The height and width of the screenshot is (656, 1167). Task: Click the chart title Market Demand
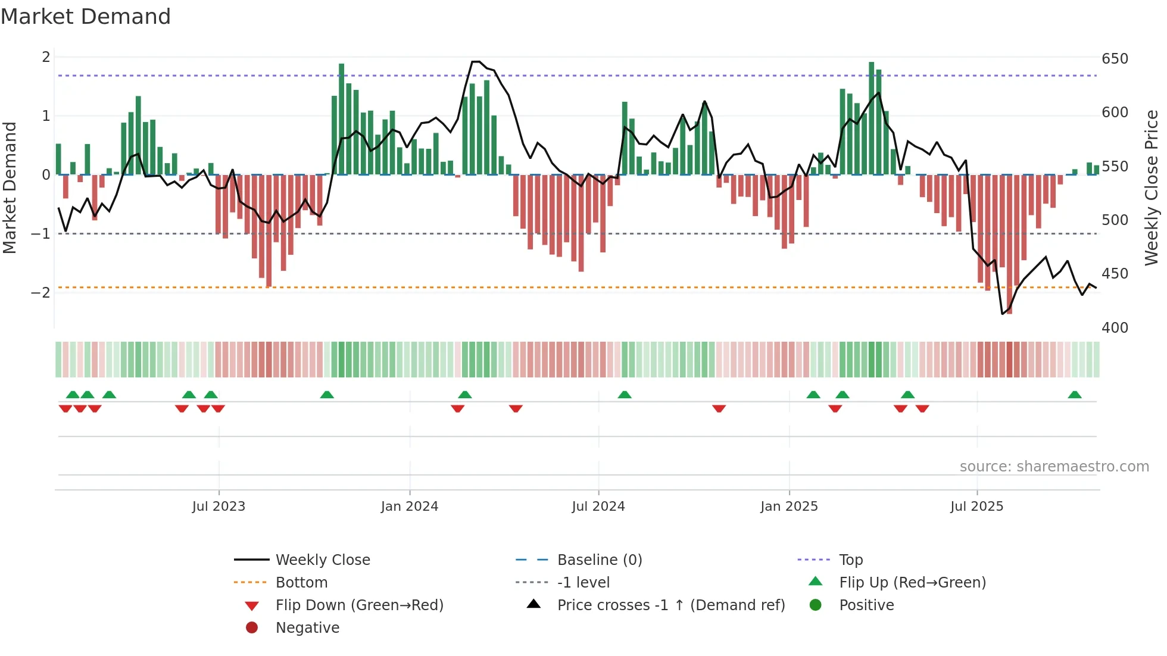pyautogui.click(x=86, y=17)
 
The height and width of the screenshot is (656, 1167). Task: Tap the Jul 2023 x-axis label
pyautogui.click(x=219, y=507)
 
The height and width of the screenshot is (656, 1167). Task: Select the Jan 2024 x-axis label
pyautogui.click(x=410, y=507)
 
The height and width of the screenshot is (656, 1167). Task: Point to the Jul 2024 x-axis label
pyautogui.click(x=598, y=507)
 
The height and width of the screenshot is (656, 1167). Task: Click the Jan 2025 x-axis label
pyautogui.click(x=789, y=507)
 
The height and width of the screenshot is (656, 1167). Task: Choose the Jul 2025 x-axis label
pyautogui.click(x=976, y=507)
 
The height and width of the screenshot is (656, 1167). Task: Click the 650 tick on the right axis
pyautogui.click(x=1115, y=59)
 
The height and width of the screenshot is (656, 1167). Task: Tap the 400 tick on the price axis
pyautogui.click(x=1115, y=328)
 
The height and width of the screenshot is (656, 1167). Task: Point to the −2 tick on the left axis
pyautogui.click(x=41, y=292)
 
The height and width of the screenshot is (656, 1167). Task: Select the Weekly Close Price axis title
pyautogui.click(x=1152, y=188)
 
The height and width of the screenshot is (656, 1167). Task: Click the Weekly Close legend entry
pyautogui.click(x=323, y=560)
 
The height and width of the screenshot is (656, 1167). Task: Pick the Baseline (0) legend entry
pyautogui.click(x=600, y=560)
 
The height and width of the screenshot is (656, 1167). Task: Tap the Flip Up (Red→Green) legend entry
pyautogui.click(x=912, y=583)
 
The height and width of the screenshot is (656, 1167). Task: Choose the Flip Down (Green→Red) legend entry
pyautogui.click(x=359, y=605)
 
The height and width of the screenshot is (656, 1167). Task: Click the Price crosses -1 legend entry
pyautogui.click(x=671, y=605)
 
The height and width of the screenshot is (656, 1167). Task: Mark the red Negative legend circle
pyautogui.click(x=252, y=628)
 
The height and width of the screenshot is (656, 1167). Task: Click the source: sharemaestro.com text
pyautogui.click(x=1054, y=467)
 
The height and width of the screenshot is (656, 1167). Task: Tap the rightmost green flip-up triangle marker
pyautogui.click(x=1075, y=395)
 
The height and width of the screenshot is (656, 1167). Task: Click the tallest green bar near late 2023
pyautogui.click(x=342, y=119)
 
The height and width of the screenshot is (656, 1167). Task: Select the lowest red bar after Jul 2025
pyautogui.click(x=1009, y=244)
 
